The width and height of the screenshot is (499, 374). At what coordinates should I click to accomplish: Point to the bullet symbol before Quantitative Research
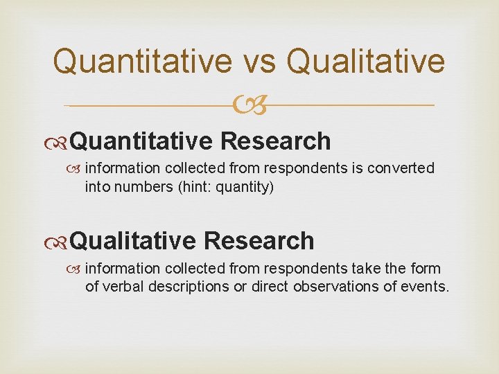(60, 142)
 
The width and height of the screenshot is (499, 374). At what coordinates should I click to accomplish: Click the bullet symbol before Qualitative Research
(60, 242)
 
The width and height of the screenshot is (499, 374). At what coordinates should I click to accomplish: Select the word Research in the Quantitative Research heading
(276, 141)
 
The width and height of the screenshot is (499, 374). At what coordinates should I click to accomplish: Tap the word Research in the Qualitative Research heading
(259, 241)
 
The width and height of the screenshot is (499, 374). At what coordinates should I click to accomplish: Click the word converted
(404, 168)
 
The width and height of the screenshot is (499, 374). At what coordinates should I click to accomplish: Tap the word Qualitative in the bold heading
(133, 241)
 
